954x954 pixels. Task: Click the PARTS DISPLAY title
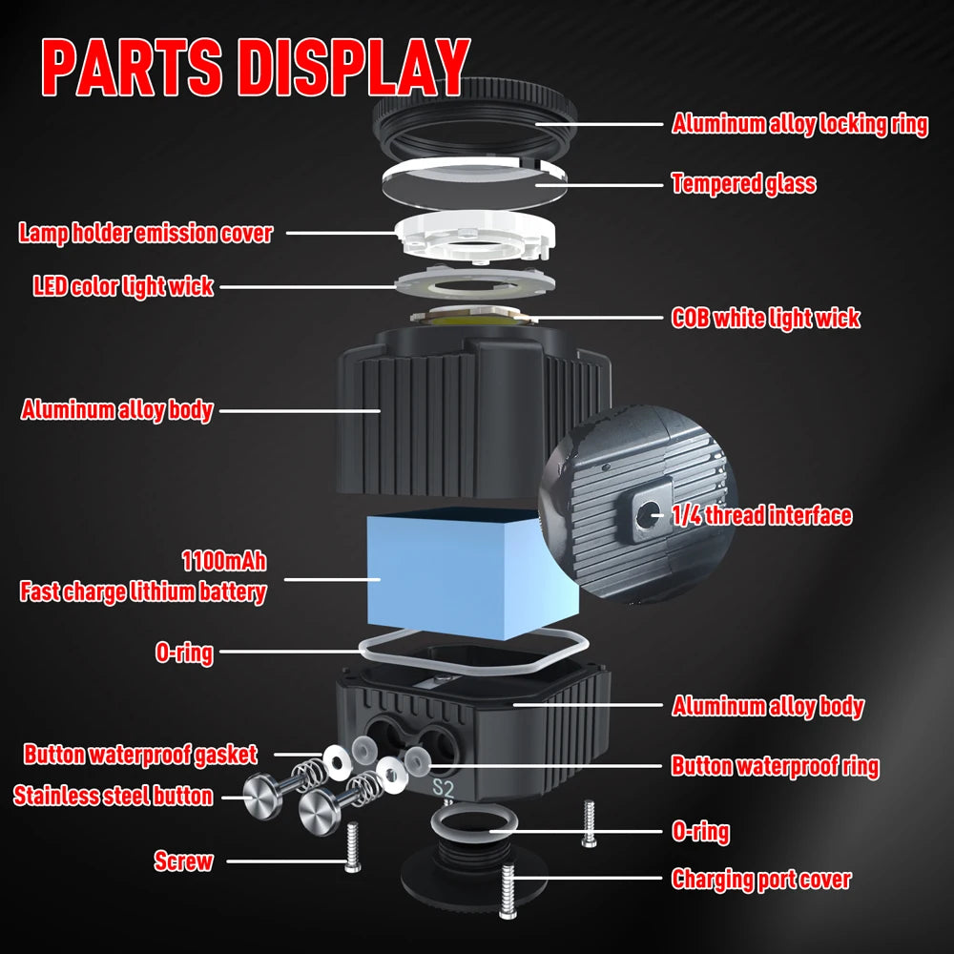[x=256, y=68]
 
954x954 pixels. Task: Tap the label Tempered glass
[x=743, y=183]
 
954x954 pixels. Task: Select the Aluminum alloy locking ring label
[x=799, y=124]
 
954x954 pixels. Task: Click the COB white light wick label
[x=765, y=318]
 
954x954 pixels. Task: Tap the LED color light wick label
[x=123, y=285]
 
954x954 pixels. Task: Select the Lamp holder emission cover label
[x=146, y=233]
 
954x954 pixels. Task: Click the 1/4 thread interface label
[x=761, y=516]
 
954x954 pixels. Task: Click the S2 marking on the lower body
[x=444, y=789]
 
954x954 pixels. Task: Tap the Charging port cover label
[x=761, y=879]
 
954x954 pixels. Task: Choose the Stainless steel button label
[x=113, y=796]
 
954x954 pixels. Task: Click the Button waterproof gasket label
[x=140, y=755]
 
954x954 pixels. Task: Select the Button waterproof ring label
[x=775, y=765]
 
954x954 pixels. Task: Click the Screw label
[x=183, y=861]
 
